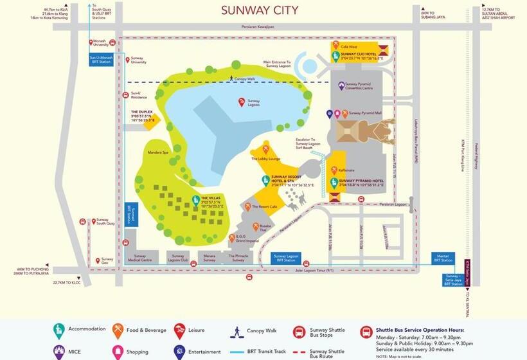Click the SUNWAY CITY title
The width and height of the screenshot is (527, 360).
point(259,10)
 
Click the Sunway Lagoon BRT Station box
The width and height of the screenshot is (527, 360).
point(286,258)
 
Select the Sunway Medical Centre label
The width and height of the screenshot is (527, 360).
point(144,258)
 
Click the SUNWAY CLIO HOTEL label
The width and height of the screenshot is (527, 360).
point(357,55)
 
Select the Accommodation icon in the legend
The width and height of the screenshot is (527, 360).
point(59,330)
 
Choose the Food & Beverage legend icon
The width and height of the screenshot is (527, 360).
point(118,330)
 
